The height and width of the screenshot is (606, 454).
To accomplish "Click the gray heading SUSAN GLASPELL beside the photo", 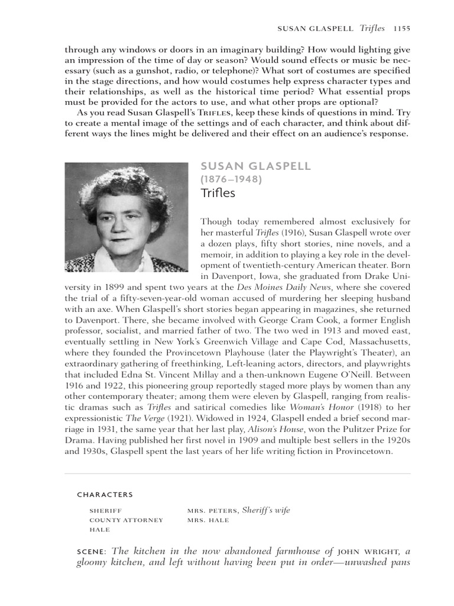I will point(255,166).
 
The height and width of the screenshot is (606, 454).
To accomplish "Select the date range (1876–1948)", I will point(231,179).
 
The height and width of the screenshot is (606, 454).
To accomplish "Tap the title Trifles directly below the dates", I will point(218,193).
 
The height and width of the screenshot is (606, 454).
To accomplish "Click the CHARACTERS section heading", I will point(105,495).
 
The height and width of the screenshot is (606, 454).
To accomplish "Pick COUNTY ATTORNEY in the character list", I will point(126,520).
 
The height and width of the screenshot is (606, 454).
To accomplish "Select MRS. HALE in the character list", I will point(207,520).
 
